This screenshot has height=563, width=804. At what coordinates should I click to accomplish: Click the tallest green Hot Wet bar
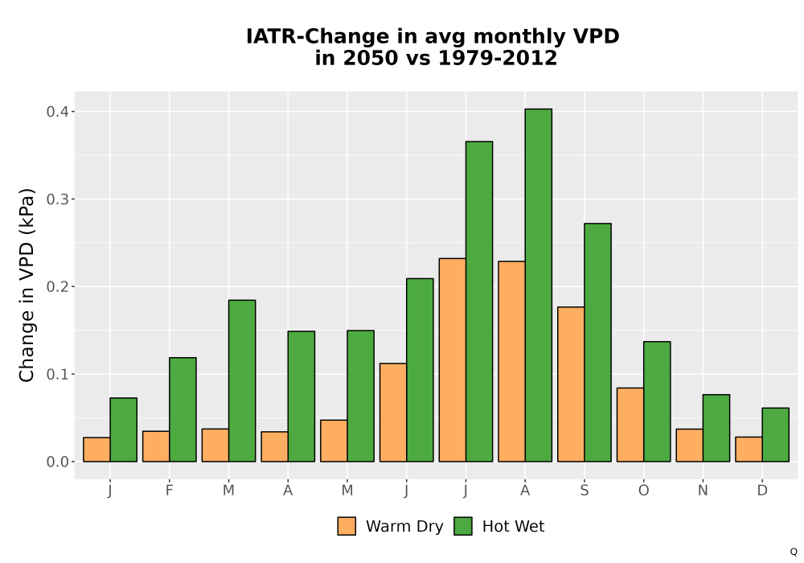[539, 285]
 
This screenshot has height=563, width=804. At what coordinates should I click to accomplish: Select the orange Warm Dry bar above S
[571, 384]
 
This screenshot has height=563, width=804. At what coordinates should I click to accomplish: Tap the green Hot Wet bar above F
[183, 409]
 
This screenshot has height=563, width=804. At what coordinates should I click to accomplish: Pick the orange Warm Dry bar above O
[630, 425]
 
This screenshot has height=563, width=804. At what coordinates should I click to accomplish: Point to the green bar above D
[775, 435]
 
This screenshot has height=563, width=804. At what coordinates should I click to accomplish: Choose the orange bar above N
[690, 445]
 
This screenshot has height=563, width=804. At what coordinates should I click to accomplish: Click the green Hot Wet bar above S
[598, 343]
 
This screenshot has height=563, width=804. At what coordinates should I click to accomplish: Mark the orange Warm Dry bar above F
[156, 446]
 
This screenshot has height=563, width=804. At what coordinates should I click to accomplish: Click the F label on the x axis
[169, 491]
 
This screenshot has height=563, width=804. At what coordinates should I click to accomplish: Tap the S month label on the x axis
[584, 491]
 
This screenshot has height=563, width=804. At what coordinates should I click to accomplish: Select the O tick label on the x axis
[643, 491]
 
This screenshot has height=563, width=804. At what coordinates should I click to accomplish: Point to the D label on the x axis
[762, 491]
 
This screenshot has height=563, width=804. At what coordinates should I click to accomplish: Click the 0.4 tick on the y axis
[57, 111]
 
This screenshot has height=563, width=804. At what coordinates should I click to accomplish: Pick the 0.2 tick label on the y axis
[57, 286]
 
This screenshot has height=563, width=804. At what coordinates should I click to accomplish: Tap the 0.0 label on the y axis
[57, 462]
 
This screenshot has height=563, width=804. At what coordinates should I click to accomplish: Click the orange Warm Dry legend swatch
[347, 526]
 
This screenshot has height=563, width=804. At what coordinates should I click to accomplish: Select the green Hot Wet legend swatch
[463, 526]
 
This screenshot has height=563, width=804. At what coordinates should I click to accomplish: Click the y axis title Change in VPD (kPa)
[27, 286]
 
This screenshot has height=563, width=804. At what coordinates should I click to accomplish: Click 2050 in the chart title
[370, 58]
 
